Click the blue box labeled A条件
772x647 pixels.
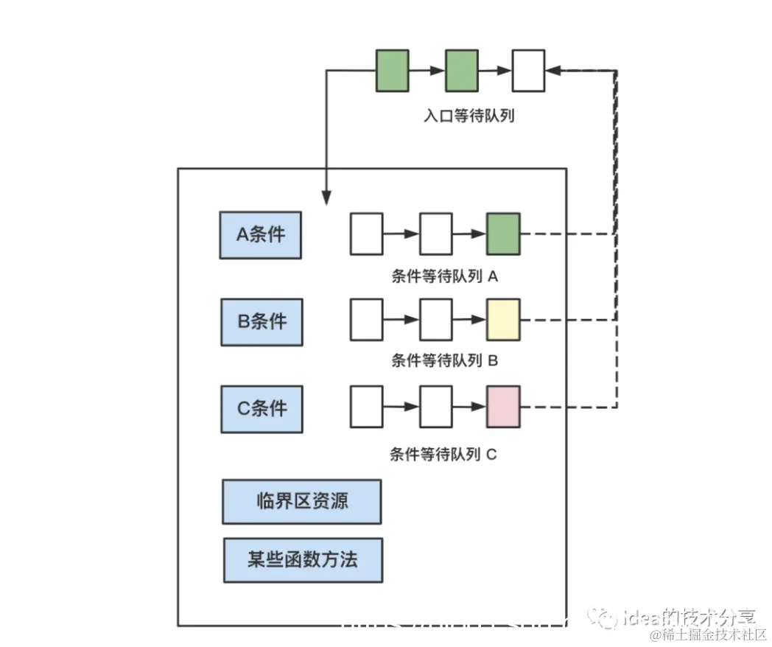coord(261,235)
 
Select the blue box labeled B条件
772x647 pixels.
coord(262,322)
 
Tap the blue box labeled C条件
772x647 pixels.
coord(262,409)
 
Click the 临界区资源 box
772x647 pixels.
coord(302,502)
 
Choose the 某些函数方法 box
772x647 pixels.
coord(303,559)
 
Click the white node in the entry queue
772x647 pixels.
coord(529,71)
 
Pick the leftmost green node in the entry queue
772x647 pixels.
coord(393,71)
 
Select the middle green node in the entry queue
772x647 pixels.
coord(461,71)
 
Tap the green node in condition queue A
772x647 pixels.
coord(503,234)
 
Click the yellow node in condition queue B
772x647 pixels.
coord(503,320)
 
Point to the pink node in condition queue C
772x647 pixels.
coord(503,406)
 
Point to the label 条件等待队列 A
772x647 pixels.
coord(445,277)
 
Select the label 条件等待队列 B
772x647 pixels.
coord(445,361)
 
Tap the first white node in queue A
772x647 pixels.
coord(366,234)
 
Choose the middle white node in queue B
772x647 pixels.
coord(435,320)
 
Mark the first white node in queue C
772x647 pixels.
coord(366,406)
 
